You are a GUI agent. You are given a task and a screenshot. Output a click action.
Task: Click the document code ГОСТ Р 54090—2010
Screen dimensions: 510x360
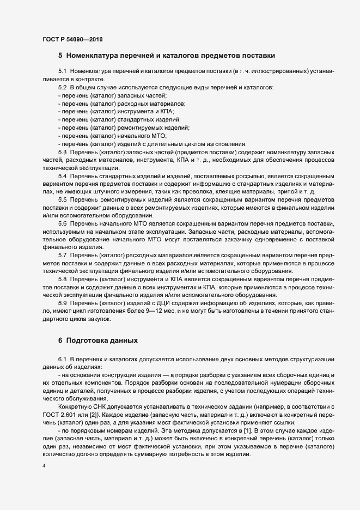72,39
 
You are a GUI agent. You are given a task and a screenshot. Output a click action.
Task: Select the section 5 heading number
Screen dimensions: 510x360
60,56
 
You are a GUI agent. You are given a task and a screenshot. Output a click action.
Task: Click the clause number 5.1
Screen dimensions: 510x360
62,71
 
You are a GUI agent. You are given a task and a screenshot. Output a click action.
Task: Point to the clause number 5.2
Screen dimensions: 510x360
62,87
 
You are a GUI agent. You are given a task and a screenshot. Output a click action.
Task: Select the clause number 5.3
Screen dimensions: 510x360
62,151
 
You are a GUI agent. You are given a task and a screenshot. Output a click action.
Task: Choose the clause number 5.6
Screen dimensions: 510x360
62,223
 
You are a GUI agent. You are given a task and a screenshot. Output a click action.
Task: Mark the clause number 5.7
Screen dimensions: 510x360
62,256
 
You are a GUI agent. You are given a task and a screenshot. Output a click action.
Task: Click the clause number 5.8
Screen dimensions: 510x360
62,280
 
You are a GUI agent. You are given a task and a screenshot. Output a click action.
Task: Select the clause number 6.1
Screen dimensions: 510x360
62,359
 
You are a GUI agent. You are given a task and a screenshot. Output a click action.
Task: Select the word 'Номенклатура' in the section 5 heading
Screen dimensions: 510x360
96,56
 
